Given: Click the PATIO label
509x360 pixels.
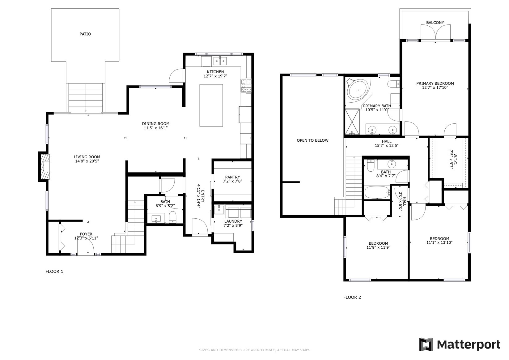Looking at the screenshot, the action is (85, 34).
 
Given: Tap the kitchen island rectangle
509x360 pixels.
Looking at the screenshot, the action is (211, 105).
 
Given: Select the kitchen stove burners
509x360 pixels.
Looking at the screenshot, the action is (246, 85).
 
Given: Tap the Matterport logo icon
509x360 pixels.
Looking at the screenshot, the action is (426, 345).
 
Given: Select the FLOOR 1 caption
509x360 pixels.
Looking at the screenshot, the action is (54, 271).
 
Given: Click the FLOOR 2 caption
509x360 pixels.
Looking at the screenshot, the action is (352, 297).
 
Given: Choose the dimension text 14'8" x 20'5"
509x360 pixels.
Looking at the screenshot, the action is (87, 161).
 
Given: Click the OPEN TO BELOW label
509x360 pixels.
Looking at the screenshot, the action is (312, 140).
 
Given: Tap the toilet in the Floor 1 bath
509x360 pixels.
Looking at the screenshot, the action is (173, 217).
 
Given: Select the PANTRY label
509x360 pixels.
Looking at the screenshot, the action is (232, 177).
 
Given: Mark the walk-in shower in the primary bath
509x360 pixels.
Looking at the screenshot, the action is (352, 122).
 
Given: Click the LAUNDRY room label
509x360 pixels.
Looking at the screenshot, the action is (233, 221).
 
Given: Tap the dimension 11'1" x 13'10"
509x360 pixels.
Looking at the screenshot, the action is (439, 243).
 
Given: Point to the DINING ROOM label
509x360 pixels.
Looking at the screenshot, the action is (156, 124).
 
